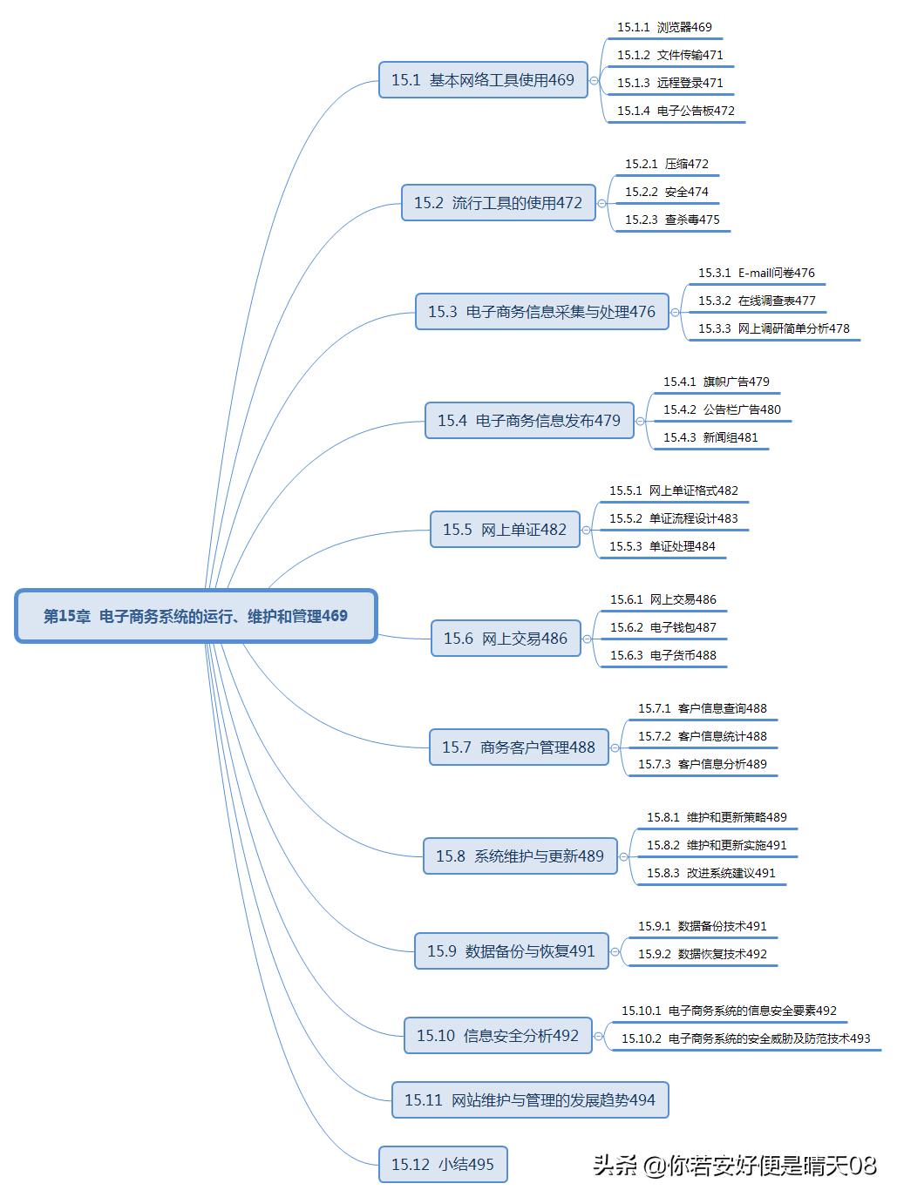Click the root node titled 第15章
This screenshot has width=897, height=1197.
pos(196,616)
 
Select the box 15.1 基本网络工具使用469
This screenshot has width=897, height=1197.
pos(483,80)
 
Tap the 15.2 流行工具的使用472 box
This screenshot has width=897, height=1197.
pos(498,203)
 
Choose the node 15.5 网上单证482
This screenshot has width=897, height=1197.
pos(505,530)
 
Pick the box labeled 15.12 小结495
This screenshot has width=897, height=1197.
pos(443,1165)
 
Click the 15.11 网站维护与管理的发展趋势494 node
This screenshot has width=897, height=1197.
pos(530,1100)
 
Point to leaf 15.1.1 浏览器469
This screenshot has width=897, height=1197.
pos(664,28)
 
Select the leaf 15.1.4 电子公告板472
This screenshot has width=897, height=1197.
pos(676,112)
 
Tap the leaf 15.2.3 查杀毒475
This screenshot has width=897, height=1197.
pos(672,220)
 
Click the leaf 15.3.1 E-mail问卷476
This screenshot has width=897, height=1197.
pos(756,274)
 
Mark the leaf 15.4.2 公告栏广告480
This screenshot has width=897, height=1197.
pos(722,410)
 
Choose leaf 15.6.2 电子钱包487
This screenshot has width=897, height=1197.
pos(663,628)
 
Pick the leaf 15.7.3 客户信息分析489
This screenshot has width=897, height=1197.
pos(702,765)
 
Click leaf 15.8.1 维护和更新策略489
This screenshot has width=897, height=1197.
pos(717,818)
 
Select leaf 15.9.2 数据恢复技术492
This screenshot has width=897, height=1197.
pos(702,955)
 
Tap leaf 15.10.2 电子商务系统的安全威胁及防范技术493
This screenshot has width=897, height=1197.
pos(745,1039)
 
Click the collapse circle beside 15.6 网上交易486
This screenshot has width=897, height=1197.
pos(588,639)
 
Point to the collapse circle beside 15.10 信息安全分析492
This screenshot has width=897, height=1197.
pos(599,1036)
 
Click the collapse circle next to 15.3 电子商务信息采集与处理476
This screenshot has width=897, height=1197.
pos(676,312)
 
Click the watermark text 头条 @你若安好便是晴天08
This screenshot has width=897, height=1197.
pos(734,1166)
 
